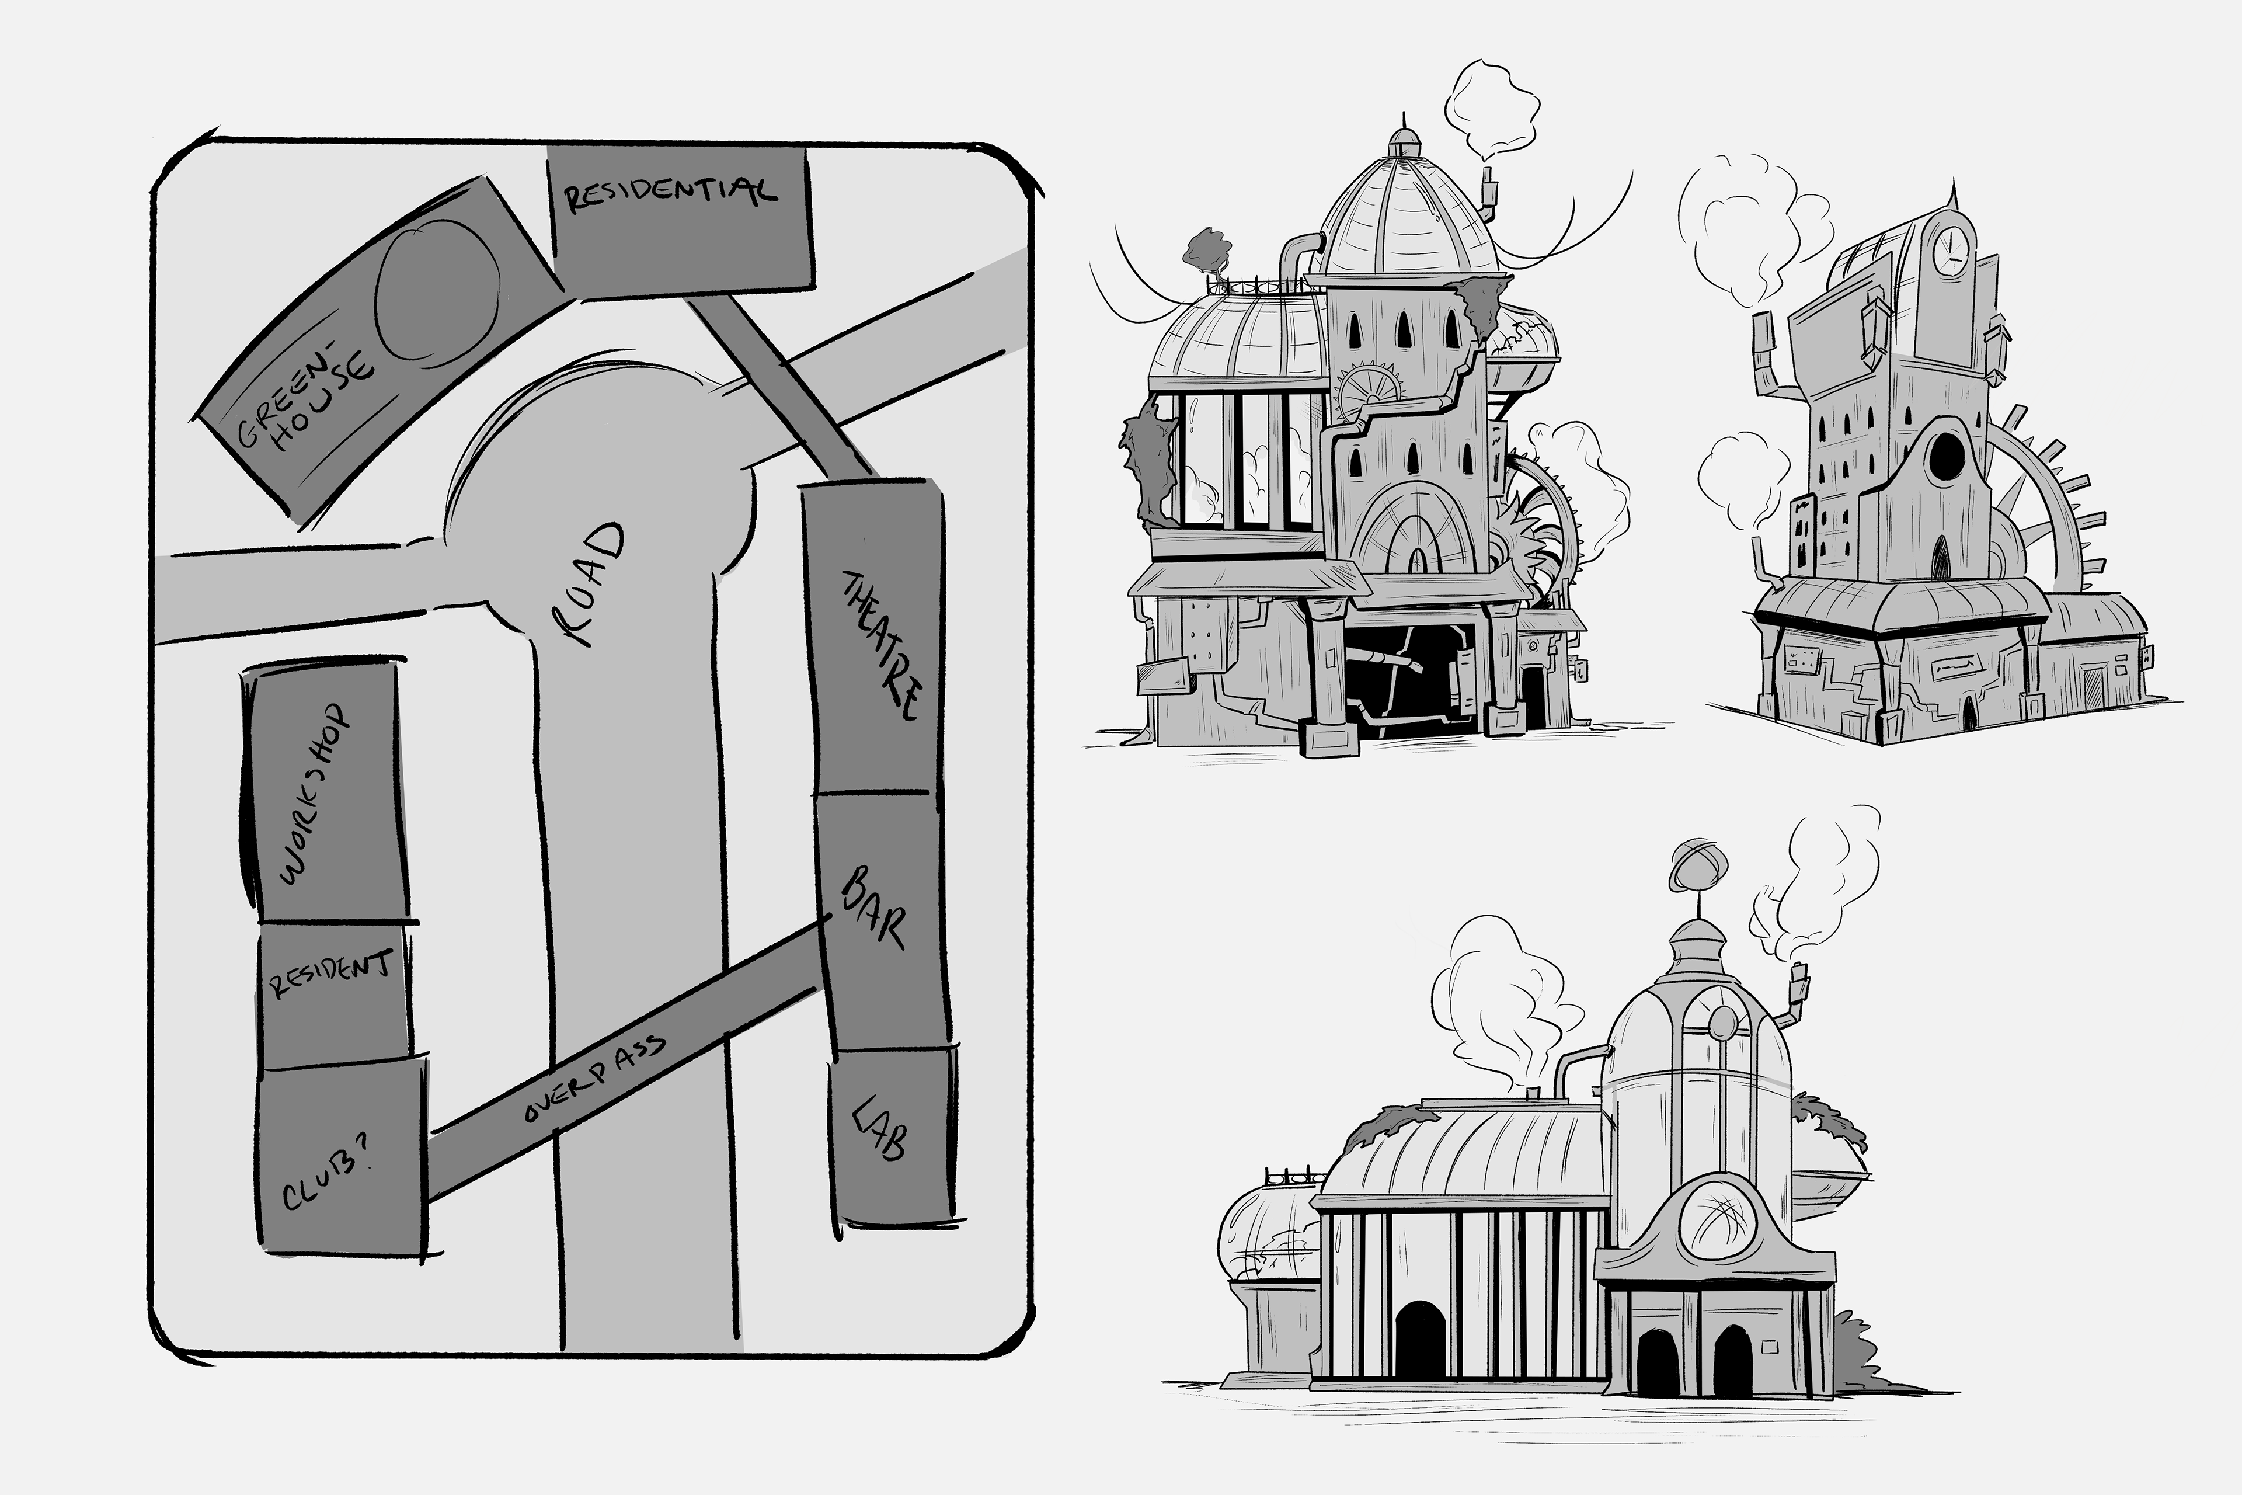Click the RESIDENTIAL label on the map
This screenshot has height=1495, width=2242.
click(x=671, y=193)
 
